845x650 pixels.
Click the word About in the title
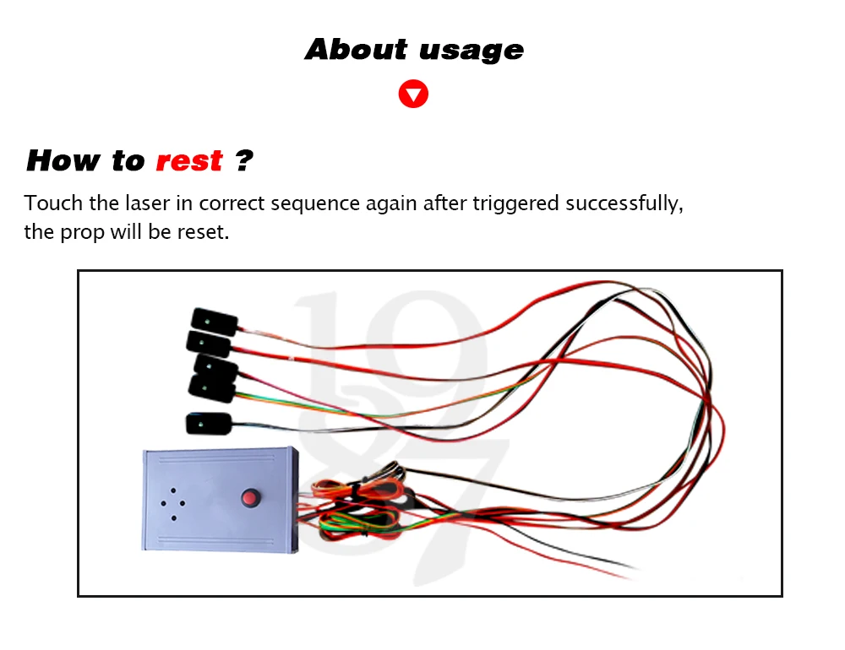(x=357, y=50)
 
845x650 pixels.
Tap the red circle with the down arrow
(x=413, y=95)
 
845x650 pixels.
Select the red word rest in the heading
(x=189, y=160)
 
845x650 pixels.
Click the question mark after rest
(x=244, y=160)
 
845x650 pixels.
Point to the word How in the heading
(x=63, y=160)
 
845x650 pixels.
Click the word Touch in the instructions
(x=53, y=203)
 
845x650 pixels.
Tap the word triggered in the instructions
(x=515, y=204)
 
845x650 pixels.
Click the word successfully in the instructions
(x=624, y=204)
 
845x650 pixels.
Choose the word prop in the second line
(x=83, y=233)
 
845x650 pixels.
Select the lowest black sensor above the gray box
(x=209, y=424)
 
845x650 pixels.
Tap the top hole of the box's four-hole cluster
(x=173, y=490)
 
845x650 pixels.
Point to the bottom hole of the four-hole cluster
(x=173, y=518)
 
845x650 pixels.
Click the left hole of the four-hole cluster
(x=163, y=503)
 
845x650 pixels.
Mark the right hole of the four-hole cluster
(x=183, y=503)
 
